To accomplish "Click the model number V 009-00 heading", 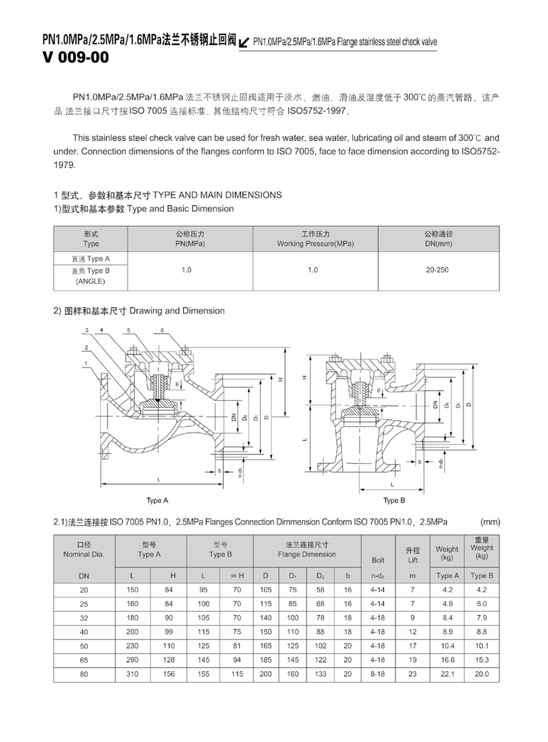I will click(x=75, y=57).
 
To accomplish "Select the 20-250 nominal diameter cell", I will click(x=437, y=270).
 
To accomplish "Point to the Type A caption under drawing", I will click(x=157, y=500).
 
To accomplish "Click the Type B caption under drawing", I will click(x=394, y=500).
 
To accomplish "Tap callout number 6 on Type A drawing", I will click(x=162, y=331).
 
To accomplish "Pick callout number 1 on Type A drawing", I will click(x=86, y=363).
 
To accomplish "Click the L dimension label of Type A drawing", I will click(x=159, y=480).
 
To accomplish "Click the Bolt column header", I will click(x=378, y=560).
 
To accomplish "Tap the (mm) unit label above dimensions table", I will click(x=490, y=522).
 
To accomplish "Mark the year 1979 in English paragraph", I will click(x=64, y=165).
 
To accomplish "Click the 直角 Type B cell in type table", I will click(x=90, y=276).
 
